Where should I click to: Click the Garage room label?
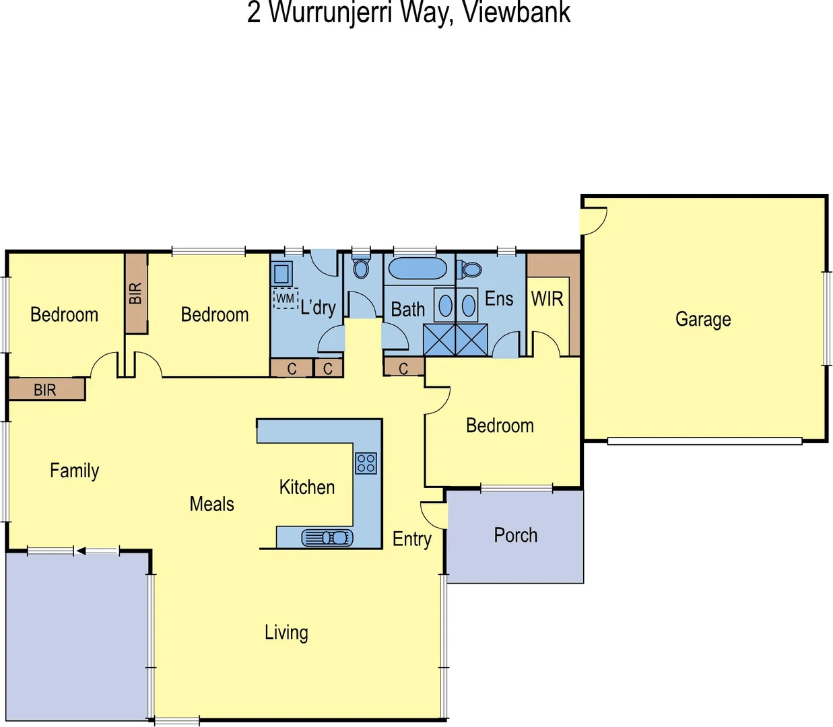point(703,319)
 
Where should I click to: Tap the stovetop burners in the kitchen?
point(366,462)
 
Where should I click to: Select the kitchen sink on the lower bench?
point(327,537)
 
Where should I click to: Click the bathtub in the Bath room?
point(418,269)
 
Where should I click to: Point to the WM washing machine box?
point(286,298)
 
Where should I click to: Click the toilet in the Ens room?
point(471,270)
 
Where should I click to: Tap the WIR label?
point(547,299)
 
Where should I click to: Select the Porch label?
point(515,535)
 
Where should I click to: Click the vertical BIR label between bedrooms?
point(135,293)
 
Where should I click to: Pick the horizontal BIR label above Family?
point(45,390)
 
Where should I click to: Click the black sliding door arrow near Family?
point(81,551)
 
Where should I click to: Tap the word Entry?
point(411,539)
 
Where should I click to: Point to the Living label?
point(286,633)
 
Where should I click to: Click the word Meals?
point(211,504)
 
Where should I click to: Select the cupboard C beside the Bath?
point(403,368)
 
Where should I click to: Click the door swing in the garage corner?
point(593,220)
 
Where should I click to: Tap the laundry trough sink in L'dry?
point(281,274)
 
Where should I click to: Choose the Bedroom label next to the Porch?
point(500,425)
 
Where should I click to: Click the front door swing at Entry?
point(434,514)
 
